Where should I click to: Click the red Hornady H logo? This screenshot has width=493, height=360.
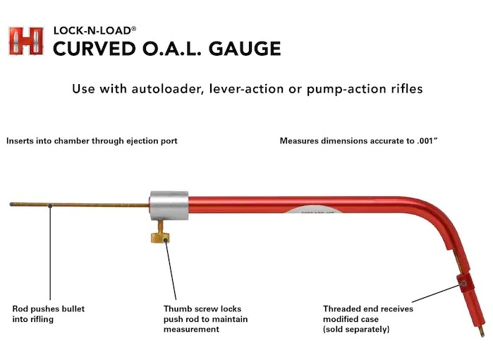click(26, 41)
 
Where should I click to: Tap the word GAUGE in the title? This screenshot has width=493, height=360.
click(245, 49)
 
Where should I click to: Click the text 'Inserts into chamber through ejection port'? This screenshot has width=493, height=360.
click(92, 141)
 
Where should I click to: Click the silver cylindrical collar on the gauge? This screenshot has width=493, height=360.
click(168, 205)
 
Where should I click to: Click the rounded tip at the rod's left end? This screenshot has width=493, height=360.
click(12, 205)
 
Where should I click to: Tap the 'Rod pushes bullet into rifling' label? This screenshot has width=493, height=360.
click(49, 314)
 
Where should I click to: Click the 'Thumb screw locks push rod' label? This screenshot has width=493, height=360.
click(205, 319)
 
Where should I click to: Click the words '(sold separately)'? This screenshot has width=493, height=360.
click(356, 330)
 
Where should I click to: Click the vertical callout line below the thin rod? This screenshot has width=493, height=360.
click(50, 254)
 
